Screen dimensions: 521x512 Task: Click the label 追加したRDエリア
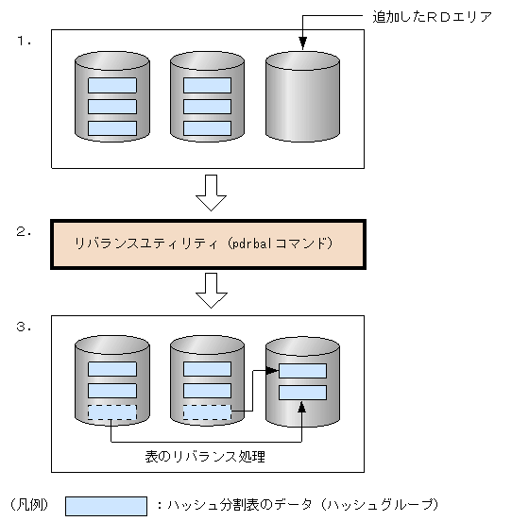pos(432,17)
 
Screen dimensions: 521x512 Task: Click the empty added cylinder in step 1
pos(302,99)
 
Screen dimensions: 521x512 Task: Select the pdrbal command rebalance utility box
pos(208,244)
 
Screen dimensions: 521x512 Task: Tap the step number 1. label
pos(24,42)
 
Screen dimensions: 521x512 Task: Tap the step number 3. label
pos(24,328)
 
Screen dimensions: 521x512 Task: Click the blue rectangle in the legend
pos(106,506)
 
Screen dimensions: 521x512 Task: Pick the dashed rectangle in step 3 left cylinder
pos(111,412)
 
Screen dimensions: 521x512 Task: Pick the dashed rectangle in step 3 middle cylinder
pos(207,412)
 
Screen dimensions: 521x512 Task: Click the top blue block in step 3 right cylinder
pos(302,371)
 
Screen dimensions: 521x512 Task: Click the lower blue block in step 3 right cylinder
pos(302,392)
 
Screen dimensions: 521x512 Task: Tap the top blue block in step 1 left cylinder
pos(111,85)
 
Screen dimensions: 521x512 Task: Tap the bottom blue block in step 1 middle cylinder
pos(207,127)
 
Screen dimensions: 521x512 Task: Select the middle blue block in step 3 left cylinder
pos(111,391)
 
